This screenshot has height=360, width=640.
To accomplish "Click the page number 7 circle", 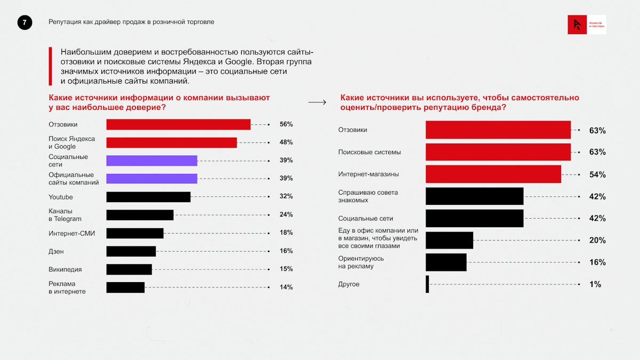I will pyautogui.click(x=25, y=22).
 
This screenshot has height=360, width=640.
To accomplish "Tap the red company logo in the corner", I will pyautogui.click(x=577, y=25).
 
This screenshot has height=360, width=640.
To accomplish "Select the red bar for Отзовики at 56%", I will pyautogui.click(x=178, y=124).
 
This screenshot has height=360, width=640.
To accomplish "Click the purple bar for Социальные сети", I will pyautogui.click(x=151, y=161).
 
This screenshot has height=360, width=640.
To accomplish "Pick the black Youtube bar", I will pyautogui.click(x=148, y=197).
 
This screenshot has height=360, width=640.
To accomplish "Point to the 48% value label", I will pyautogui.click(x=286, y=142).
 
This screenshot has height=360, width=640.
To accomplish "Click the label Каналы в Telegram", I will pyautogui.click(x=65, y=215).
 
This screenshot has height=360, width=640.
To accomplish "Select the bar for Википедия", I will pyautogui.click(x=129, y=269).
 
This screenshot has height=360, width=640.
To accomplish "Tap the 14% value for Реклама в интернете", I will pyautogui.click(x=286, y=287).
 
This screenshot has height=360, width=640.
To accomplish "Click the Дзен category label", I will pyautogui.click(x=56, y=251).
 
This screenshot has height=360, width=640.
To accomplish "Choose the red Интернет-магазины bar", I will pyautogui.click(x=493, y=174).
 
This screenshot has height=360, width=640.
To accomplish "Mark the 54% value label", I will pyautogui.click(x=597, y=174).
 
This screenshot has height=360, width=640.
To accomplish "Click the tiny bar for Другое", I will pyautogui.click(x=427, y=284).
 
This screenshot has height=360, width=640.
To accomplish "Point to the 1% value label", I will pyautogui.click(x=595, y=284).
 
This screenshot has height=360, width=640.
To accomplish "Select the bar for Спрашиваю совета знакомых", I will pyautogui.click(x=474, y=196).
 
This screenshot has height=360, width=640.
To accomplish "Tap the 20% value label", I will pyautogui.click(x=597, y=241).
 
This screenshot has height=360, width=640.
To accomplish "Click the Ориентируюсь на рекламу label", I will pyautogui.click(x=361, y=262).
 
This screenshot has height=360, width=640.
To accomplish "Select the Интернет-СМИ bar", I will pyautogui.click(x=135, y=233).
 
